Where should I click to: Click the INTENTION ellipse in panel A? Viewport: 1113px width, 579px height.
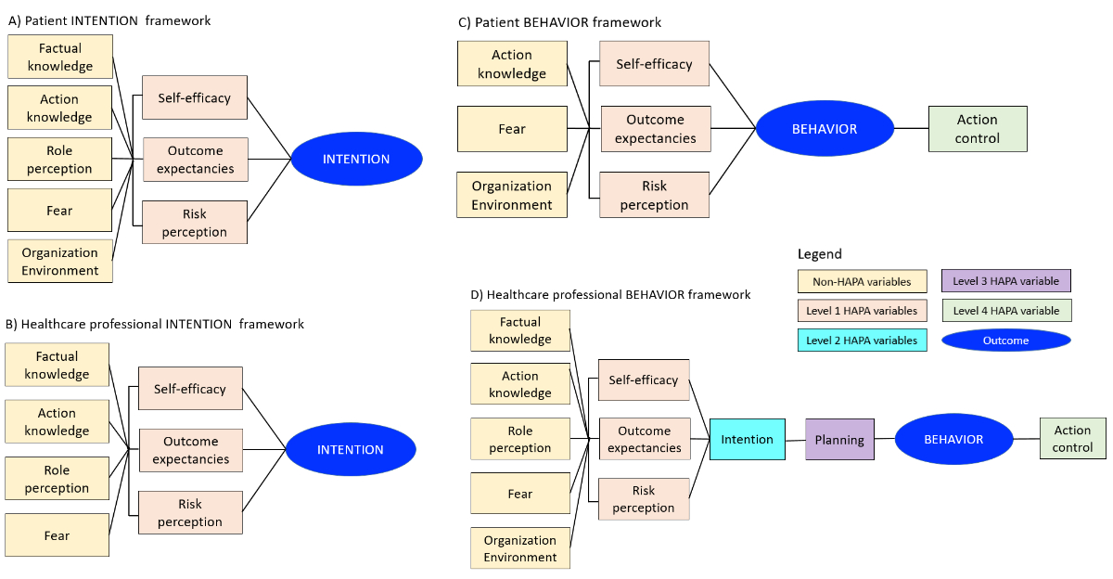pyautogui.click(x=356, y=160)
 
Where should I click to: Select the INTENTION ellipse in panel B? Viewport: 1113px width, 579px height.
pyautogui.click(x=351, y=450)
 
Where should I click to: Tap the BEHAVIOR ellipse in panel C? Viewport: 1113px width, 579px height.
pyautogui.click(x=825, y=129)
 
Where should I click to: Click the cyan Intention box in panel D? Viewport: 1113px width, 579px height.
pyautogui.click(x=748, y=439)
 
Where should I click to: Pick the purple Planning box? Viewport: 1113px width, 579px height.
pyautogui.click(x=839, y=440)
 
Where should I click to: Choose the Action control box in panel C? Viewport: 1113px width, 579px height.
pyautogui.click(x=978, y=129)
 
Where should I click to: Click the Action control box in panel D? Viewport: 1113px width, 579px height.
pyautogui.click(x=1072, y=439)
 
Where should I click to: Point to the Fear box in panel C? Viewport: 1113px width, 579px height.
pyautogui.click(x=512, y=129)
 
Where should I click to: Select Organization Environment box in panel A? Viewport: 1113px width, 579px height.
pyautogui.click(x=60, y=262)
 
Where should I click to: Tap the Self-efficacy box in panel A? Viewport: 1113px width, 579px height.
pyautogui.click(x=195, y=97)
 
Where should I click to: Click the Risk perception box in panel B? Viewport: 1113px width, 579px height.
pyautogui.click(x=190, y=513)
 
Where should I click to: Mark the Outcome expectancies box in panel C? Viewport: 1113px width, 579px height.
pyautogui.click(x=655, y=129)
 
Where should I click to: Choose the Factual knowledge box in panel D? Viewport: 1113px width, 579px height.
pyautogui.click(x=520, y=331)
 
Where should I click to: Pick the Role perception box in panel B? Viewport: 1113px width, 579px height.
pyautogui.click(x=57, y=480)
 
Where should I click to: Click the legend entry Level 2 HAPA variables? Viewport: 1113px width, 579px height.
pyautogui.click(x=862, y=341)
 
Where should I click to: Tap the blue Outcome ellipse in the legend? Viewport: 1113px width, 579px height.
pyautogui.click(x=1006, y=341)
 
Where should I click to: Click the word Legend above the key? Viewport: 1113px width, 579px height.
pyautogui.click(x=820, y=254)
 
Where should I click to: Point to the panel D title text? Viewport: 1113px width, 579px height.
pyautogui.click(x=610, y=295)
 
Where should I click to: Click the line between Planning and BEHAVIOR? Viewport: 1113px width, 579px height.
pyautogui.click(x=885, y=439)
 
